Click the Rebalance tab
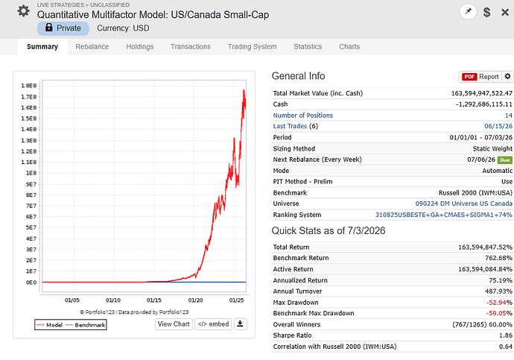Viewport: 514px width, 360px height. [92, 46]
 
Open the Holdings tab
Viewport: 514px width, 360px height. [139, 46]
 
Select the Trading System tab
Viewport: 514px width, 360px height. [252, 46]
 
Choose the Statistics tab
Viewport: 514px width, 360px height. [308, 46]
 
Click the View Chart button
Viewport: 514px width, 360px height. [174, 324]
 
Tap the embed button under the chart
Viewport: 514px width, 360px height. [213, 324]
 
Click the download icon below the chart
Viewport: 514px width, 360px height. [241, 324]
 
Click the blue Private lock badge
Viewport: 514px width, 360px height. [63, 28]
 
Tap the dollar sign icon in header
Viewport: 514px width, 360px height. [486, 12]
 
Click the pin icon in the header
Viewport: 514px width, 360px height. [468, 11]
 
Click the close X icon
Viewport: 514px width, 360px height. [505, 13]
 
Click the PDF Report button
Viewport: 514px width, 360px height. [480, 77]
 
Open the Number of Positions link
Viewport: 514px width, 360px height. [303, 116]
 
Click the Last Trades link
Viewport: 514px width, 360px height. [290, 126]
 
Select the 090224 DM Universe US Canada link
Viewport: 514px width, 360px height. [464, 203]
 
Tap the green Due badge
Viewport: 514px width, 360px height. [505, 160]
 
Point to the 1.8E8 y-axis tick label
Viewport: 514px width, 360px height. [29, 86]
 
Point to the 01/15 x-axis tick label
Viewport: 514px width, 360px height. [154, 300]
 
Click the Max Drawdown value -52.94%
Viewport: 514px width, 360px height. [499, 303]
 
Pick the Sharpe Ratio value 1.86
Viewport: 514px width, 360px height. [506, 335]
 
